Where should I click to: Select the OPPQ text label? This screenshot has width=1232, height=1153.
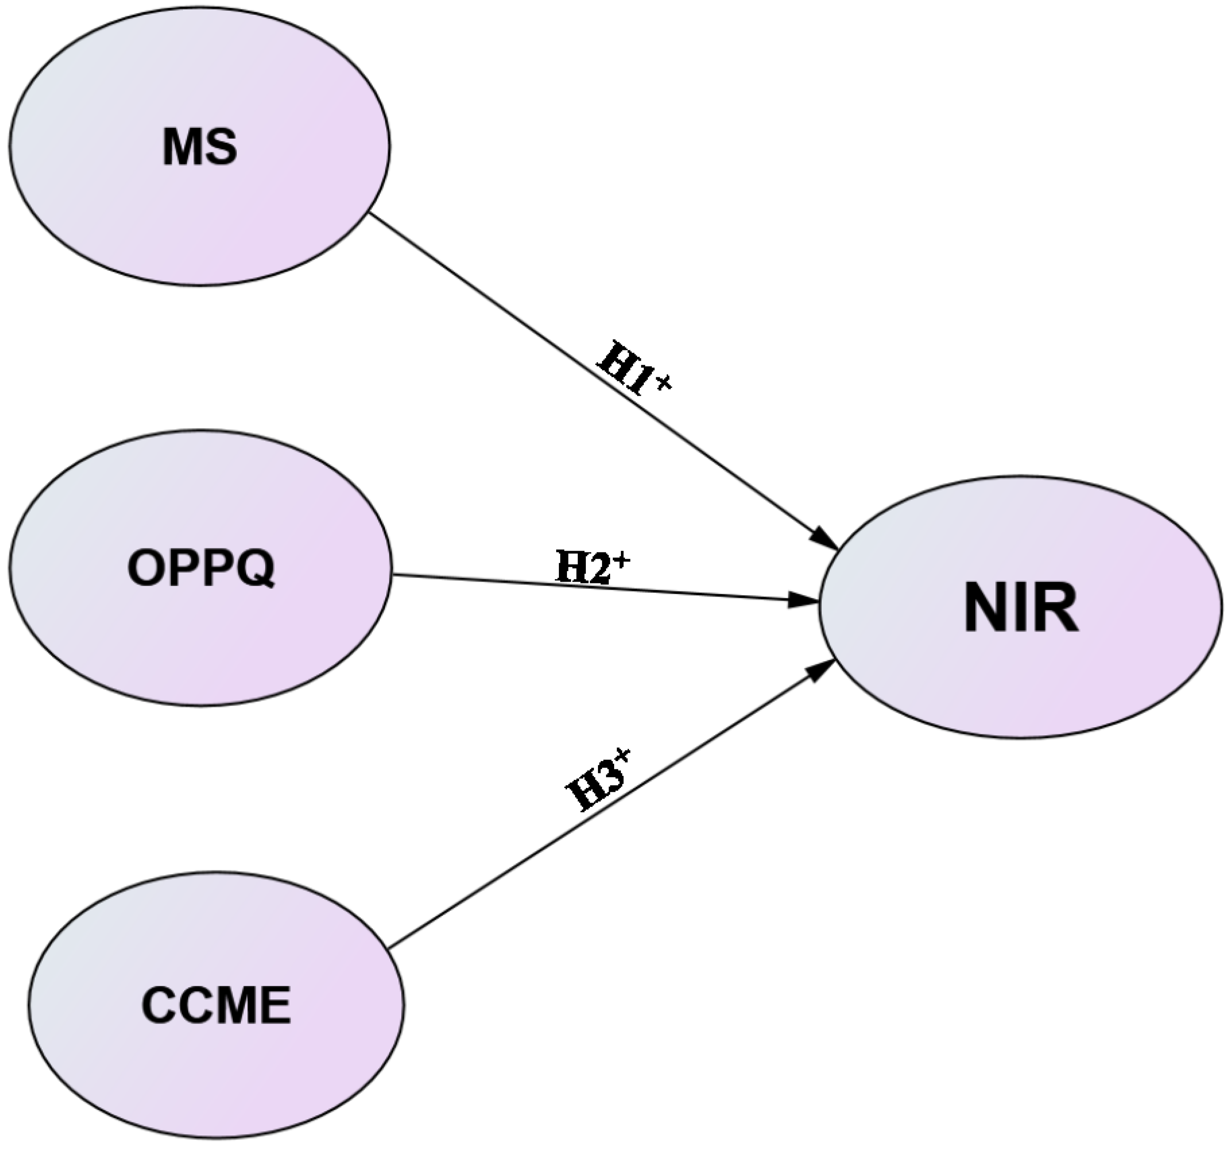tap(201, 568)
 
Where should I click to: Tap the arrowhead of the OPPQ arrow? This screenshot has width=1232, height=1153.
tap(805, 600)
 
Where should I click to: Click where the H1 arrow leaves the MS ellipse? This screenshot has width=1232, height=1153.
tap(370, 213)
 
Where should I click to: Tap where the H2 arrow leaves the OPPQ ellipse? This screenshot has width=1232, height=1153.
tap(392, 574)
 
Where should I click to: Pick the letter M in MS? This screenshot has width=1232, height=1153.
tap(182, 148)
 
